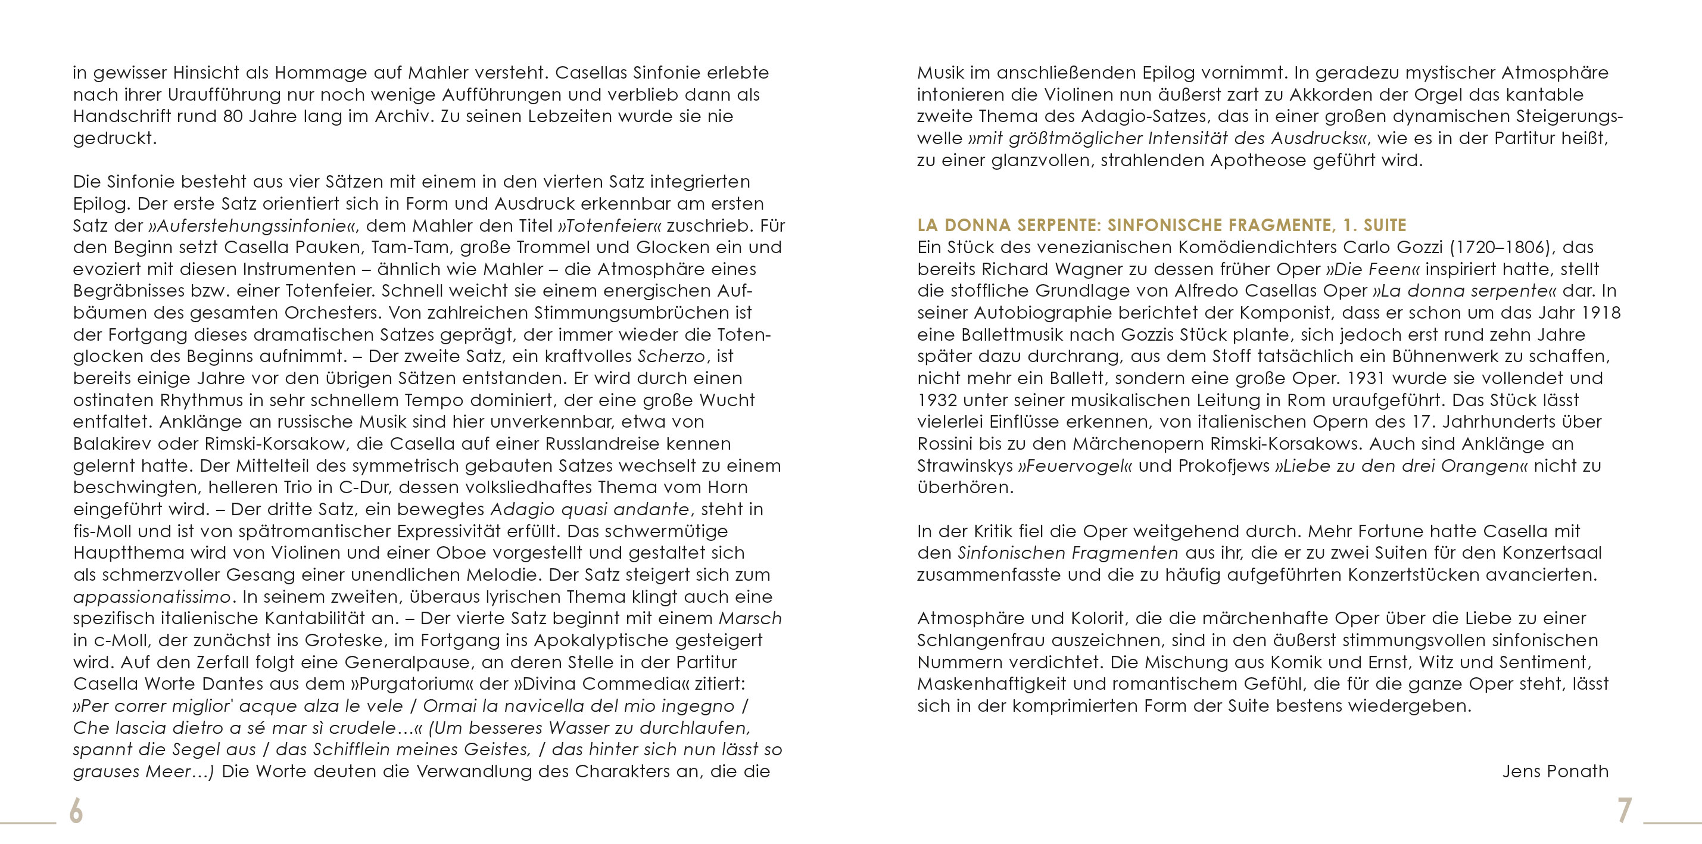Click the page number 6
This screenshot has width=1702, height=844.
point(77,811)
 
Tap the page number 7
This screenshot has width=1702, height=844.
point(1625,811)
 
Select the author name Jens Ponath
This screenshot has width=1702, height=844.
point(1555,771)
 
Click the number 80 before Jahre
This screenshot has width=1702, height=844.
point(233,116)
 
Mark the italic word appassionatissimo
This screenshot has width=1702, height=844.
point(152,597)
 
